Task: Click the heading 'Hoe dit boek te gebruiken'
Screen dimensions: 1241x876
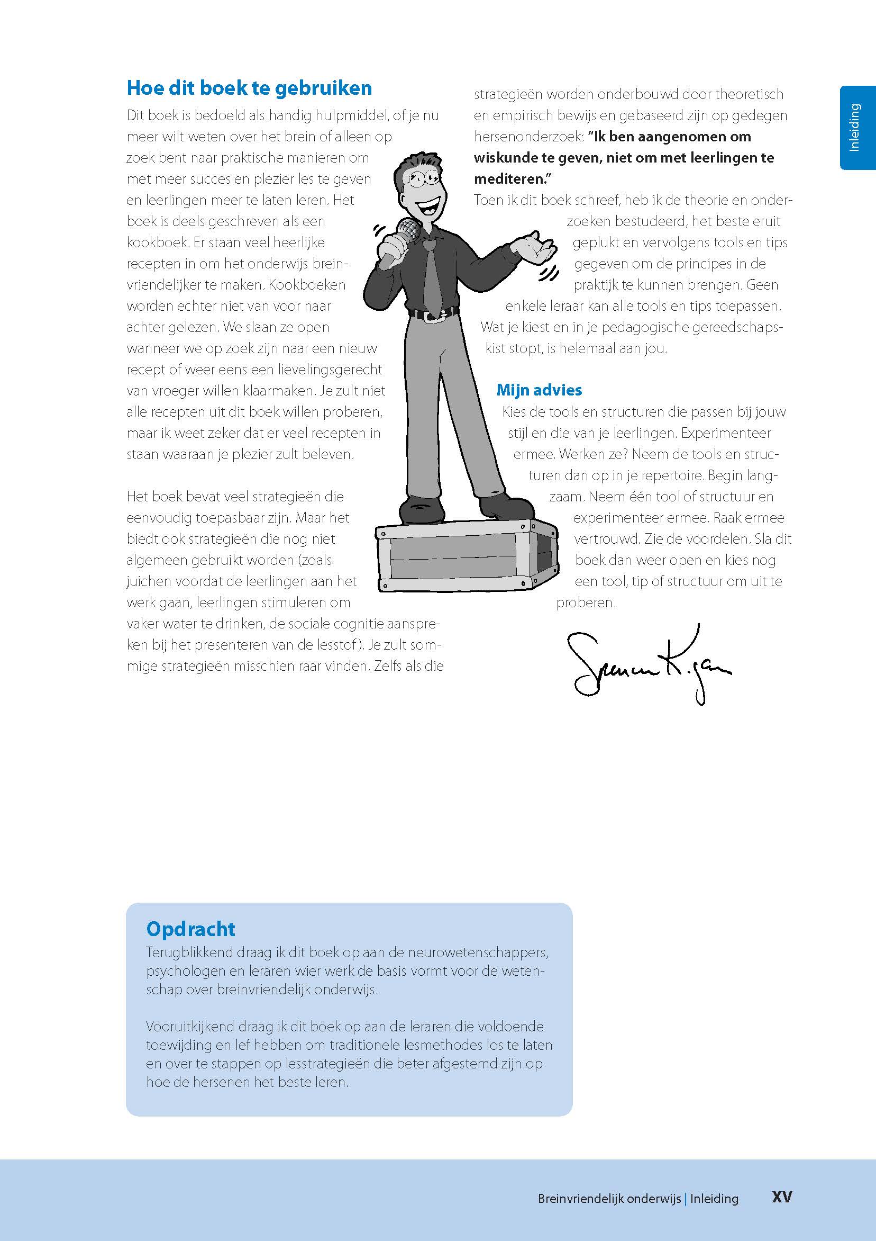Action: point(249,88)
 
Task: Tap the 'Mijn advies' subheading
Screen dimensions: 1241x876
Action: point(539,390)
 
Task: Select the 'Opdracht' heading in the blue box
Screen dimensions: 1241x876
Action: point(190,929)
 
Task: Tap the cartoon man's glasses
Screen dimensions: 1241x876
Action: point(422,178)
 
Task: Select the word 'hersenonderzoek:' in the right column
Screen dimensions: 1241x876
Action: point(529,137)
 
